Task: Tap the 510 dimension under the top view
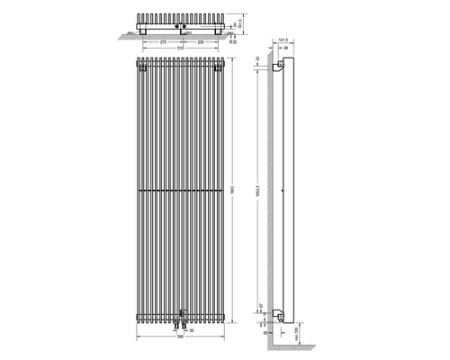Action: point(183,48)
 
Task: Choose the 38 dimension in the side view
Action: point(285,49)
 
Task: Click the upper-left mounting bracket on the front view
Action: point(143,66)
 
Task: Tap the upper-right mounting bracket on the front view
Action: point(220,66)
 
